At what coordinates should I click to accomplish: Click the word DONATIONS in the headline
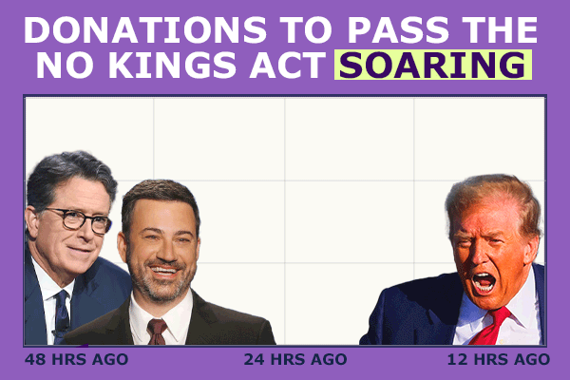(132, 29)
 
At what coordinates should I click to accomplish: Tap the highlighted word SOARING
(432, 66)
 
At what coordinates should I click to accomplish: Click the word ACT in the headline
(289, 66)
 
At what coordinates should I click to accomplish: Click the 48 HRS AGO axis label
(75, 359)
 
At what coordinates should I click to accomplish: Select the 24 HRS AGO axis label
(295, 359)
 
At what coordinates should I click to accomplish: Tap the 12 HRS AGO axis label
(498, 359)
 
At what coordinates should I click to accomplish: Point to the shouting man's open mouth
(484, 282)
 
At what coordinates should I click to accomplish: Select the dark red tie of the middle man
(158, 332)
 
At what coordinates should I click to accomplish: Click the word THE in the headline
(499, 29)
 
